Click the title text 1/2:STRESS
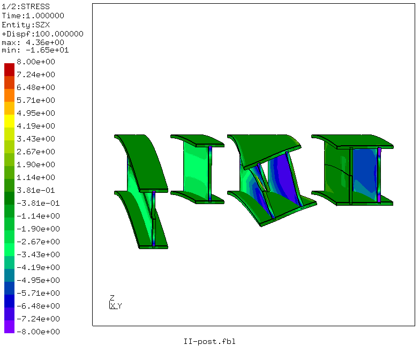coord(26,6)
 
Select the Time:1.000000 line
coord(33,16)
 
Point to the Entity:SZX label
coord(26,25)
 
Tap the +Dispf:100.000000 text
coord(43,34)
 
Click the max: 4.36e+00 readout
coord(33,43)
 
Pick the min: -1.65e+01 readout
coord(35,50)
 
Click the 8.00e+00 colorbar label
coord(36,62)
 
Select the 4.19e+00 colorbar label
coord(36,126)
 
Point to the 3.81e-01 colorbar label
coord(36,191)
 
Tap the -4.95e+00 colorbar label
coord(39,281)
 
